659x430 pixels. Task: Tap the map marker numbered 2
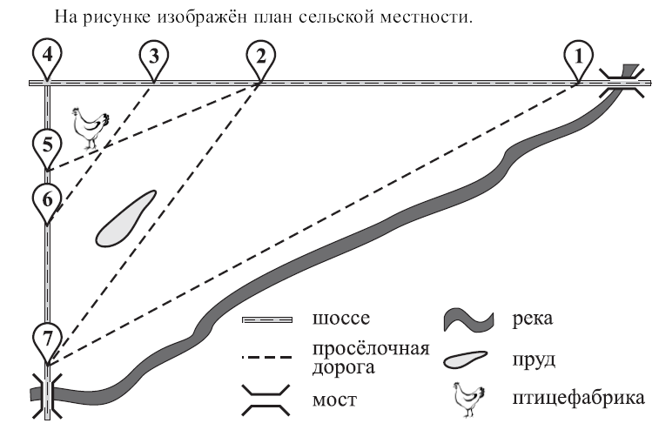point(259,57)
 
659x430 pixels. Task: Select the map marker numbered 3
point(153,57)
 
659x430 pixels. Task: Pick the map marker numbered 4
point(48,57)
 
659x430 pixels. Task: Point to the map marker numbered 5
point(48,145)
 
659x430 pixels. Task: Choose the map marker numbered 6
point(48,199)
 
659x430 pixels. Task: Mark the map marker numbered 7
point(48,338)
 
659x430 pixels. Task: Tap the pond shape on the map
point(123,219)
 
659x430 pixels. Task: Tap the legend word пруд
point(534,359)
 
